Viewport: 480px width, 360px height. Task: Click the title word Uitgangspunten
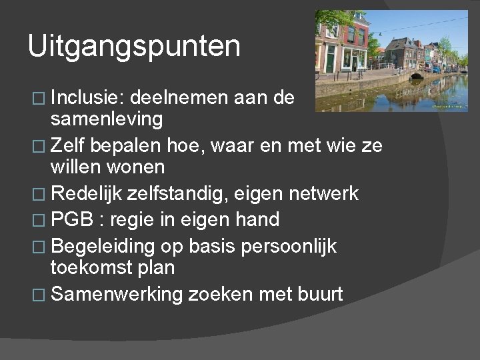[134, 47]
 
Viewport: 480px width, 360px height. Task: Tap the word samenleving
[106, 119]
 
